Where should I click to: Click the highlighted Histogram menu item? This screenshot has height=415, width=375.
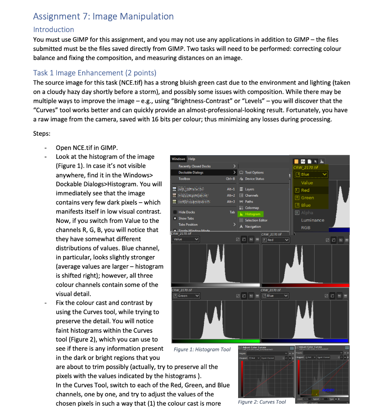point(252,214)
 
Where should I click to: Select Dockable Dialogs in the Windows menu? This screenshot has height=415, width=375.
point(191,172)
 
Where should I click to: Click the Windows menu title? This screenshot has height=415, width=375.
point(178,159)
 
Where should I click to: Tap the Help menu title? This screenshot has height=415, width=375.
point(192,159)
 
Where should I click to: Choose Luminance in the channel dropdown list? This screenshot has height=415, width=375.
point(312,220)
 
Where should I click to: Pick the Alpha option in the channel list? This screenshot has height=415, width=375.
point(308,212)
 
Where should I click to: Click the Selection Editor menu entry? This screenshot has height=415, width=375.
point(256,220)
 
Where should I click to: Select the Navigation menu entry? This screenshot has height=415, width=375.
point(253,227)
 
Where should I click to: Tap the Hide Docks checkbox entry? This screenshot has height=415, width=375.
point(186,212)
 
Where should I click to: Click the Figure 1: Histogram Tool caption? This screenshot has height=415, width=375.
point(202,349)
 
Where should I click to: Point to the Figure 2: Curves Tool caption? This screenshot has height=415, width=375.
point(261,402)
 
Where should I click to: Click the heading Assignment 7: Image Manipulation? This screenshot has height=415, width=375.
point(103,16)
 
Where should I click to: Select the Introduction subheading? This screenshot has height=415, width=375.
point(53,30)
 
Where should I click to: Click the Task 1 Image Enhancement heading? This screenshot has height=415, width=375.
point(94,73)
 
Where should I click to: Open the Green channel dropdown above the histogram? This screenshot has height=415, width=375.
point(186,296)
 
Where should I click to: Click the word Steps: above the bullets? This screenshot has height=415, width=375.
point(43,133)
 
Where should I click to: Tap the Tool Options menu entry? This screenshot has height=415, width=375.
point(254,172)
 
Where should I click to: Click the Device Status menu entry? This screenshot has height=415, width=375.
point(254,179)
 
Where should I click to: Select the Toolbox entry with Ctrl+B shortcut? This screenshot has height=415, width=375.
point(184,179)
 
